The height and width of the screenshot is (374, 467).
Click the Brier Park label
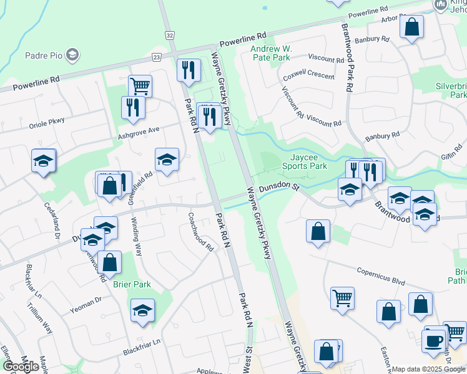[132, 284]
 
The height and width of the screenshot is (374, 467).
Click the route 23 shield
[156, 57]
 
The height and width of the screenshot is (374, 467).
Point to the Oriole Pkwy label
[47, 123]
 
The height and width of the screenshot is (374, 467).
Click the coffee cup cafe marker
[433, 340]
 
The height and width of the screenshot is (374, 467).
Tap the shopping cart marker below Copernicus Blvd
[342, 298]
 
